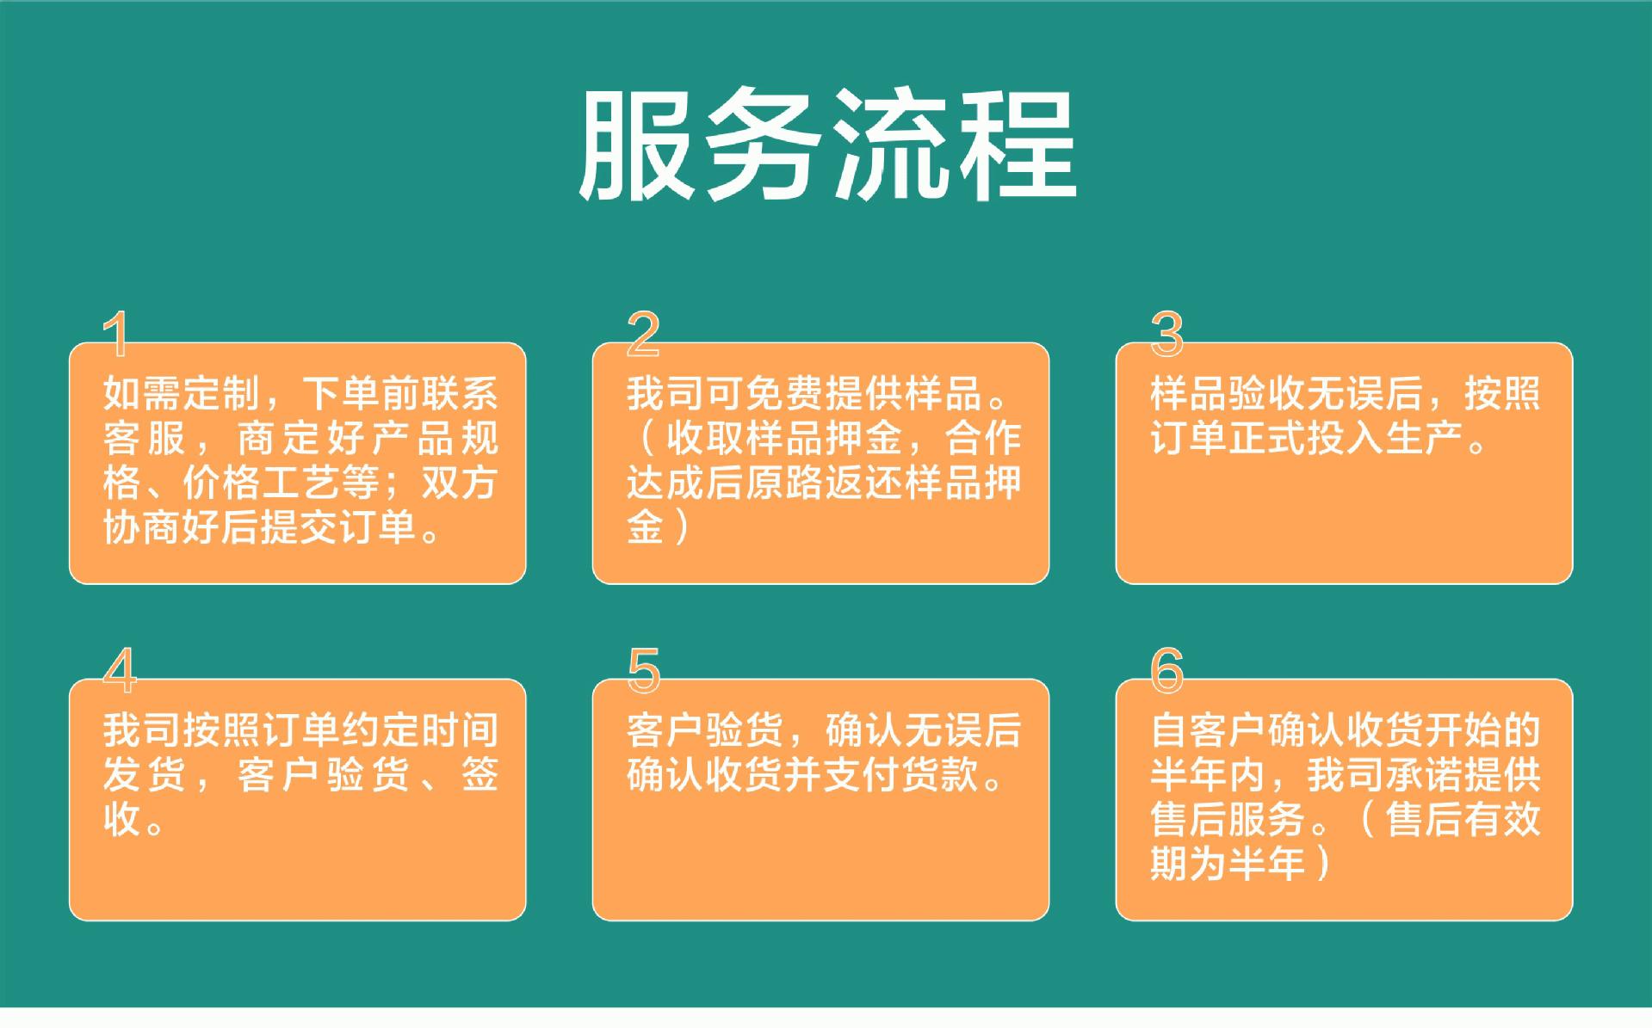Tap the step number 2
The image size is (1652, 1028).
point(643,334)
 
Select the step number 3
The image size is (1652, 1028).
point(1167,334)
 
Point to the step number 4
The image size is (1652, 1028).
point(120,670)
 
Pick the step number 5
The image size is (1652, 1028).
point(644,670)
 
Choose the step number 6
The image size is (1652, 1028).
point(1167,670)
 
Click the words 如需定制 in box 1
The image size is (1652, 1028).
point(182,393)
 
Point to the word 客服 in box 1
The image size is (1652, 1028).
point(144,438)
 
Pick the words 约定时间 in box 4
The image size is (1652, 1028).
point(420,730)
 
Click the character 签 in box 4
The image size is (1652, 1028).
point(480,774)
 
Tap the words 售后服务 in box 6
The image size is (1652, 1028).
point(1228,819)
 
